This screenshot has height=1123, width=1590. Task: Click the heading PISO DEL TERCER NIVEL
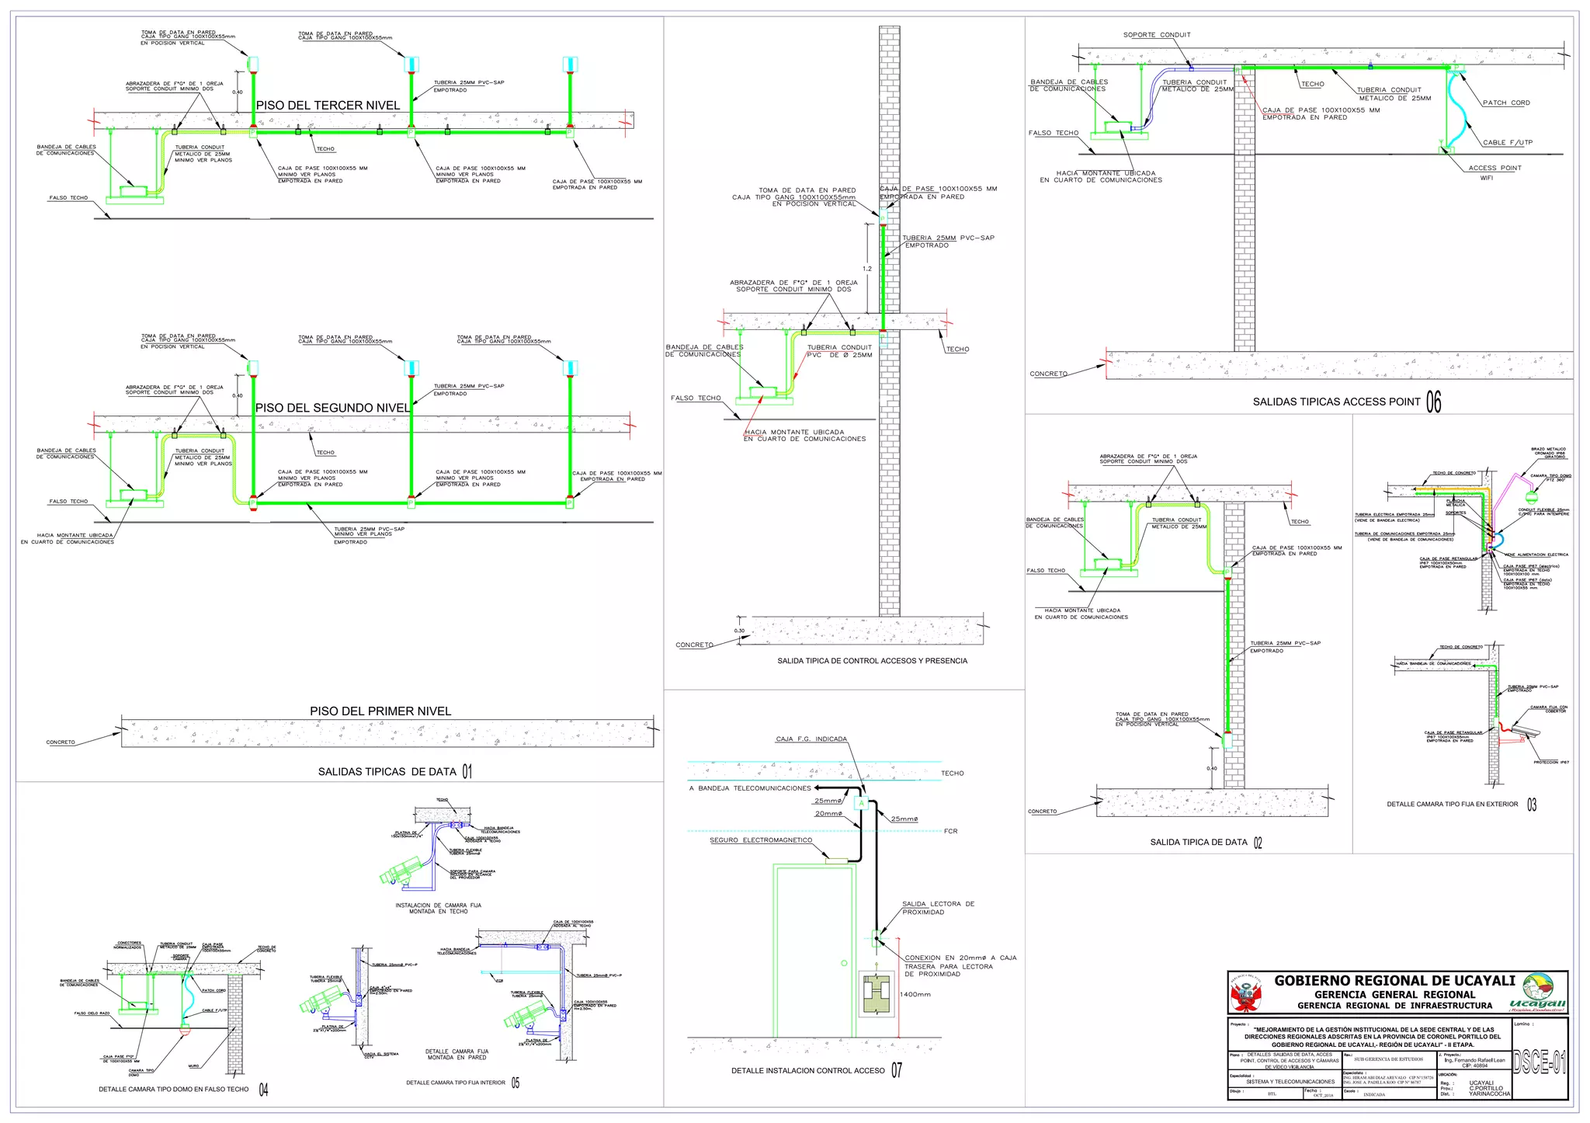pyautogui.click(x=328, y=106)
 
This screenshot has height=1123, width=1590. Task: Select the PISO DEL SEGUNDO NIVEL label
pyautogui.click(x=333, y=408)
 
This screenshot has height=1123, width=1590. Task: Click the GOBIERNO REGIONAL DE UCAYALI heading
pyautogui.click(x=1394, y=981)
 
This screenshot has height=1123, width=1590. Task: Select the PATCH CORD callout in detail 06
pyautogui.click(x=1506, y=103)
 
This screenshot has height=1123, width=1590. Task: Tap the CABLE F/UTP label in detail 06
pyautogui.click(x=1507, y=143)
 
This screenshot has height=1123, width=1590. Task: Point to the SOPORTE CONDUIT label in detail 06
pyautogui.click(x=1157, y=35)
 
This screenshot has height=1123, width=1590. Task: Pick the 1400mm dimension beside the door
pyautogui.click(x=915, y=994)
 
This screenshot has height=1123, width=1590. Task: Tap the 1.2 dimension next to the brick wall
pyautogui.click(x=867, y=269)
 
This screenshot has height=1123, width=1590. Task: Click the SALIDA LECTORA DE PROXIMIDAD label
pyautogui.click(x=938, y=908)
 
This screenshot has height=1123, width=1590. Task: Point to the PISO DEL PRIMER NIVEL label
pyautogui.click(x=380, y=711)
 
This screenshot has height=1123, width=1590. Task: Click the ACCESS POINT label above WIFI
pyautogui.click(x=1495, y=168)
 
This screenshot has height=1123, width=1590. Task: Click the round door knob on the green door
pyautogui.click(x=844, y=963)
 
